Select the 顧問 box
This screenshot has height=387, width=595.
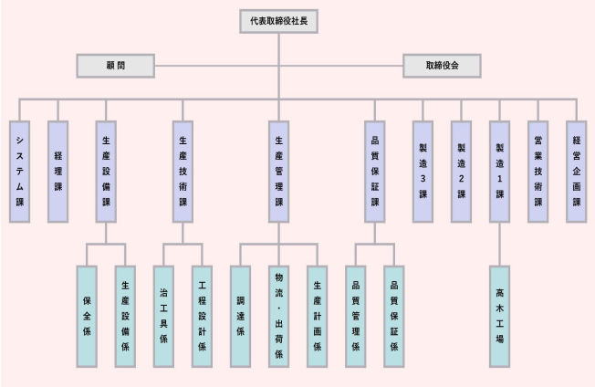115,66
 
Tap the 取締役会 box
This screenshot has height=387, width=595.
442,66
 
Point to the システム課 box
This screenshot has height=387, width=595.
19,172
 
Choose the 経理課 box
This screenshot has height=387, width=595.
57,172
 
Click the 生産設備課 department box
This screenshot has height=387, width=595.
106,172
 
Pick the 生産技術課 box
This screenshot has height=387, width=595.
183,172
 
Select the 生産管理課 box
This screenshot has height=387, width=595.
279,172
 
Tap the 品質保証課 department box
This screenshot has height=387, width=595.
375,172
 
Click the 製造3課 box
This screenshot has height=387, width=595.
423,172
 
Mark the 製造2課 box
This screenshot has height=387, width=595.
461,172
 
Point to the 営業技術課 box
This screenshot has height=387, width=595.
538,172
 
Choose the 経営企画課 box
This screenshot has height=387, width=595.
576,172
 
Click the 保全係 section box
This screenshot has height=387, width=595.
87,316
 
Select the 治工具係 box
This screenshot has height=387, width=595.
163,316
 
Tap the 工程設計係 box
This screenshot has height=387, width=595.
202,316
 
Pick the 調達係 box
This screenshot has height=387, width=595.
240,316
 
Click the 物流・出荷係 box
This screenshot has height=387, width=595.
278,316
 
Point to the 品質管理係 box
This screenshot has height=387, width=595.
356,316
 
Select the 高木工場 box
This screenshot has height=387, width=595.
499,316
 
